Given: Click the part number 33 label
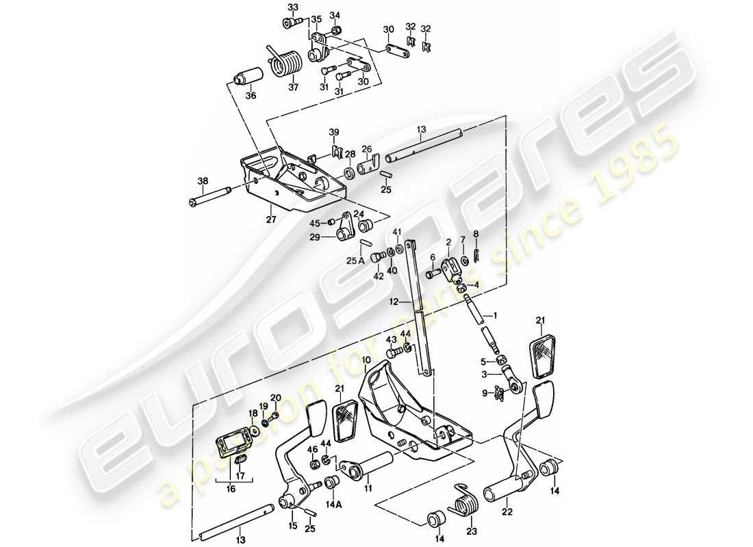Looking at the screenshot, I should click(293, 8).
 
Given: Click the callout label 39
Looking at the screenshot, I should click(334, 131).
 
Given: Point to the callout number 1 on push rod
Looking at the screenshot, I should click(487, 315).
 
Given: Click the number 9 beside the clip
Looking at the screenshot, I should click(485, 392).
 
